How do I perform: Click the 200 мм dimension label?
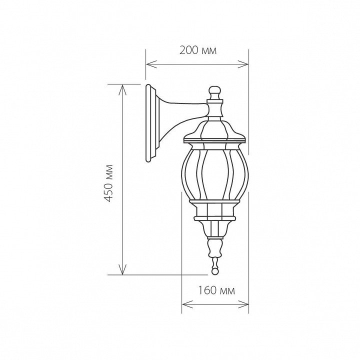pyautogui.click(x=198, y=50)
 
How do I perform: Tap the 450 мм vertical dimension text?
pyautogui.click(x=108, y=183)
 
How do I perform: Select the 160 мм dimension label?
pyautogui.click(x=216, y=290)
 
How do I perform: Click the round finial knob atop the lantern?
pyautogui.click(x=215, y=92)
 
